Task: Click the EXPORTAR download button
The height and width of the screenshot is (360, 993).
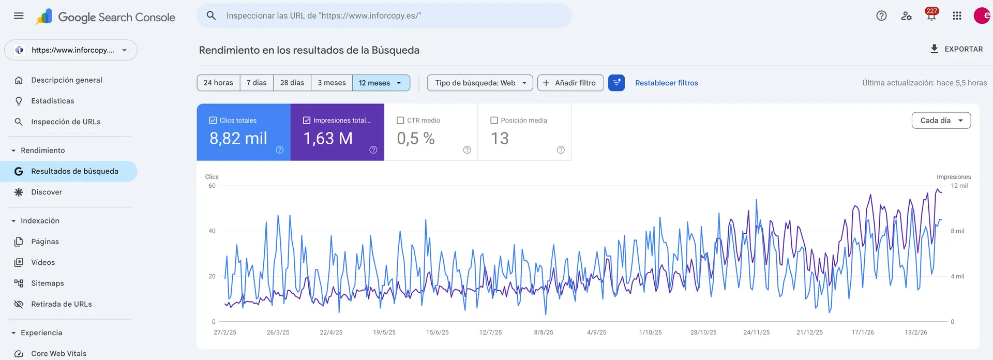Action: [x=956, y=49]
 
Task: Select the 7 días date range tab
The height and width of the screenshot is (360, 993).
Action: [x=257, y=83]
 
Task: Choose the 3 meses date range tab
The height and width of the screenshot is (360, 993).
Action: [x=332, y=83]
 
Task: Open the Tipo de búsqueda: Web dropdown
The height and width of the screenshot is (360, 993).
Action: [x=480, y=83]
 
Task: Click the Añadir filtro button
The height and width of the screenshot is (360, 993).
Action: [x=570, y=83]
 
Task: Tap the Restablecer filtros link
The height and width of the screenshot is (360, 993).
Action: [x=666, y=83]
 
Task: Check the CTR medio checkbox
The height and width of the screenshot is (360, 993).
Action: [x=400, y=121]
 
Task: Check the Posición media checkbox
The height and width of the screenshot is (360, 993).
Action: [x=494, y=121]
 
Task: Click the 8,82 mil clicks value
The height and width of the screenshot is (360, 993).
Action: [x=238, y=139]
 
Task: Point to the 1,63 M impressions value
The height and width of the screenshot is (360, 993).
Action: [x=328, y=139]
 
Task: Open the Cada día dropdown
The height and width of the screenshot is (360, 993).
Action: [x=941, y=121]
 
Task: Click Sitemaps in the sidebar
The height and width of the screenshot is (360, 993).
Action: [x=48, y=283]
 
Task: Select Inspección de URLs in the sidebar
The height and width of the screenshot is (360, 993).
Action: [x=66, y=122]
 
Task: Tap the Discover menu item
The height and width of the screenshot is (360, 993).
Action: [x=47, y=192]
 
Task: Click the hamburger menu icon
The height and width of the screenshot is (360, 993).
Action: [x=19, y=16]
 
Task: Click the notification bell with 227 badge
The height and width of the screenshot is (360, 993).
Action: [x=931, y=16]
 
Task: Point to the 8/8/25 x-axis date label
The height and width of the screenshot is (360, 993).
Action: [x=544, y=333]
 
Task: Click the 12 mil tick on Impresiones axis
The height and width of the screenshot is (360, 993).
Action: [x=959, y=186]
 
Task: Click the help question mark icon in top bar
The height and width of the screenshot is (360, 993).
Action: [x=881, y=16]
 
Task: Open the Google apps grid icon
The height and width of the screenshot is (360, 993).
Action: [x=957, y=16]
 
